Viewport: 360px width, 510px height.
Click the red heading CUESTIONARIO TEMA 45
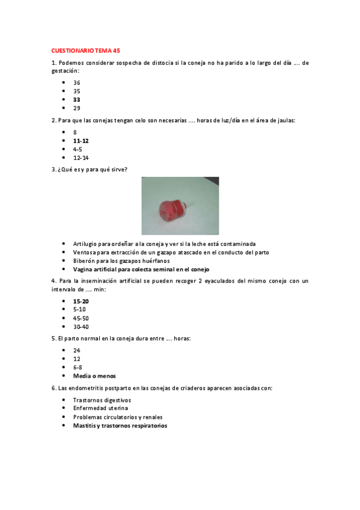[86, 51]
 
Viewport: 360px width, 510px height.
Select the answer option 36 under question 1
[77, 82]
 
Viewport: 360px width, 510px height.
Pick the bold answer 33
[77, 99]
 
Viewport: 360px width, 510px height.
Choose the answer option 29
[77, 108]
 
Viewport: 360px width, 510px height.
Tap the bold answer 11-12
[81, 140]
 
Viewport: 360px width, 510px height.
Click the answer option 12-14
[81, 158]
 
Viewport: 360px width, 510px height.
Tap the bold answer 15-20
[81, 301]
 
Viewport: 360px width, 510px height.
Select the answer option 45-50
[81, 318]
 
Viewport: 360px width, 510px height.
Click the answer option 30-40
[81, 327]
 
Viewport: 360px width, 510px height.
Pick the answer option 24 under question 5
[77, 350]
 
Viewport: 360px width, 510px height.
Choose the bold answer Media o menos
[94, 376]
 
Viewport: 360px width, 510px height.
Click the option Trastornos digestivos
[102, 399]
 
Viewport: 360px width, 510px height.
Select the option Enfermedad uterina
[100, 408]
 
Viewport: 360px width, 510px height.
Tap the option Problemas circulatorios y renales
[118, 417]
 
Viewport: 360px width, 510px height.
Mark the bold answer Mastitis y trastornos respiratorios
[120, 425]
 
